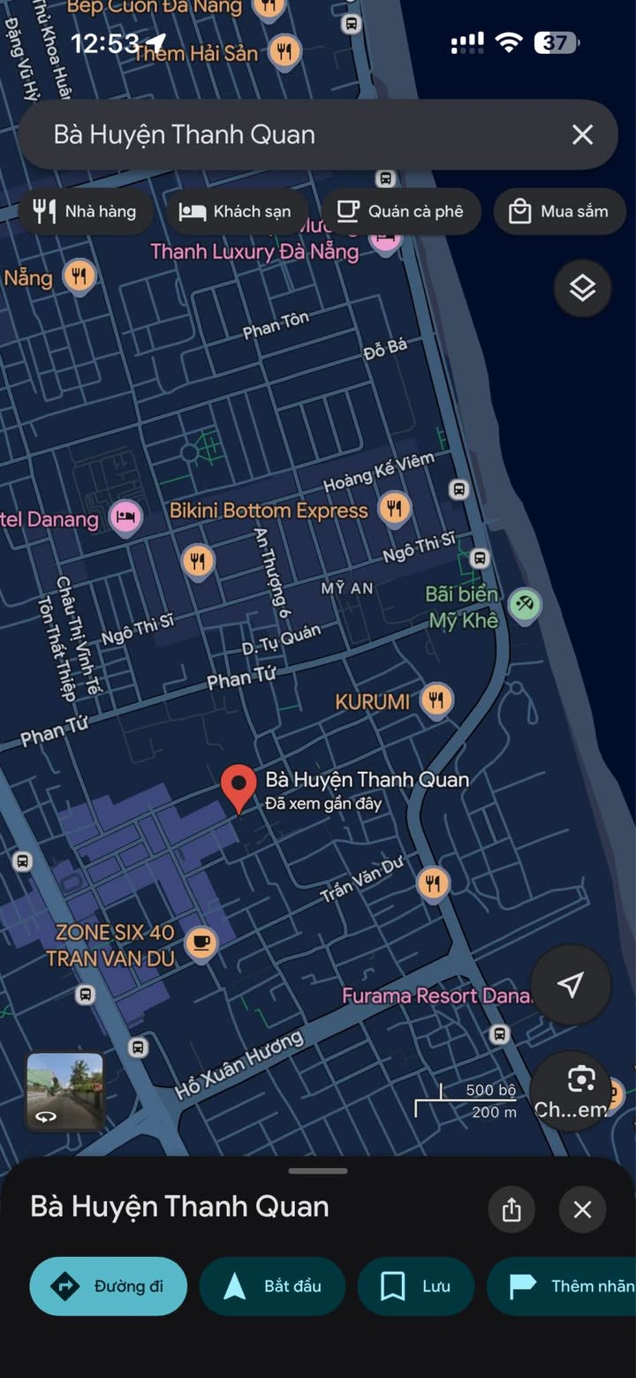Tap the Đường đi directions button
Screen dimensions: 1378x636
coord(109,1286)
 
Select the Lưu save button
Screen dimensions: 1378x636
coord(416,1286)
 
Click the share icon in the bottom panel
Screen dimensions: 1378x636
coord(511,1209)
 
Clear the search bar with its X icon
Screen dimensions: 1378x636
coord(582,134)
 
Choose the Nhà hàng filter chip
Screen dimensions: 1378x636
coord(85,211)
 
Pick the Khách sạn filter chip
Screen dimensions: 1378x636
coord(235,211)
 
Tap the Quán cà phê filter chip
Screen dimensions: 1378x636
coord(401,211)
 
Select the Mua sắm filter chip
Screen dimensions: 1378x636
coord(559,211)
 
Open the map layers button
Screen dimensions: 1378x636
coord(582,288)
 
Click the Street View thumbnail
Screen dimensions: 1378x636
coord(64,1091)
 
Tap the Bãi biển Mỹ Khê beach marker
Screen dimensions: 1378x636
coord(526,605)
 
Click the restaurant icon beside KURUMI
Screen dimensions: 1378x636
coord(435,700)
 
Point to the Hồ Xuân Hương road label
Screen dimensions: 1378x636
coord(238,1064)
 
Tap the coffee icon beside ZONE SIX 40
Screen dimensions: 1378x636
coord(202,943)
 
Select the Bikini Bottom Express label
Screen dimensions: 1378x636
coord(269,511)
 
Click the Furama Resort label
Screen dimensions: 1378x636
coord(435,996)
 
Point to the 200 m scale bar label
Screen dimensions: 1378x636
coord(494,1112)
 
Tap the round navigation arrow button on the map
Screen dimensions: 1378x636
coord(571,985)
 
